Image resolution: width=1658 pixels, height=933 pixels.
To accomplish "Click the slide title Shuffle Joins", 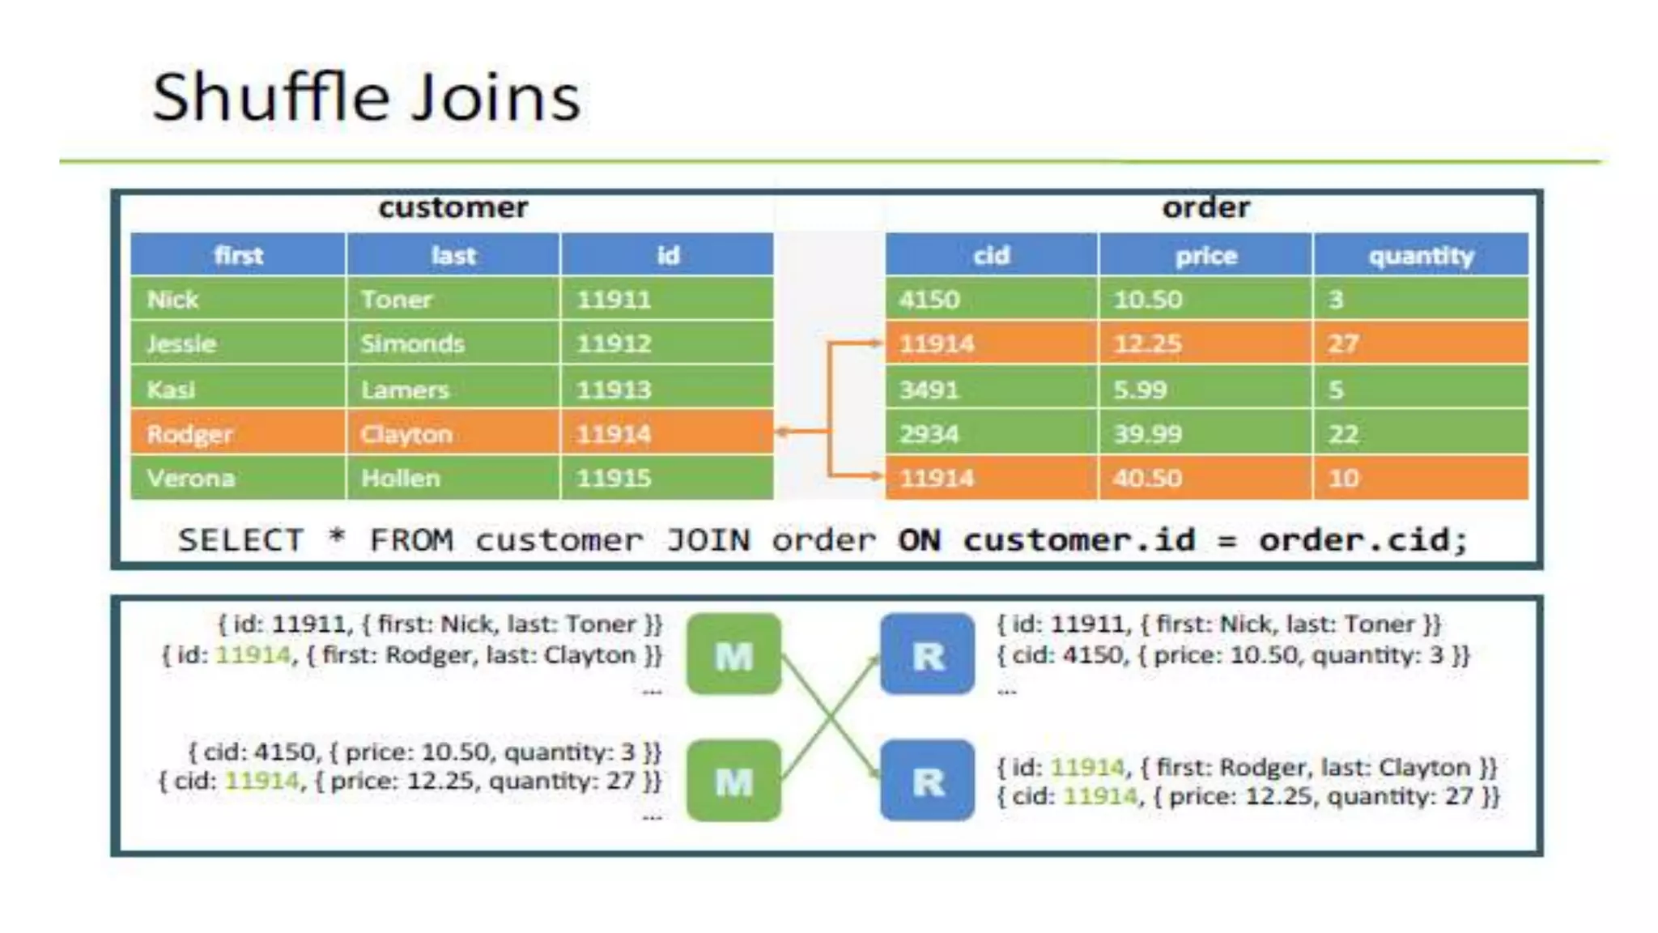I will (366, 97).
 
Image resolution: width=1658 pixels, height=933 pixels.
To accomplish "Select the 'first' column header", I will (238, 256).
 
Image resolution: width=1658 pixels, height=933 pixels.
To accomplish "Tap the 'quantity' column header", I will (1421, 256).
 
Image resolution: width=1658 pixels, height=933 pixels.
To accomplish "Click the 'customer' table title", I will (453, 208).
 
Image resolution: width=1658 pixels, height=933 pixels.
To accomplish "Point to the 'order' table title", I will (1205, 208).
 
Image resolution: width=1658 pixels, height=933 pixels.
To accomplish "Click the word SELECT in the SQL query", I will (241, 540).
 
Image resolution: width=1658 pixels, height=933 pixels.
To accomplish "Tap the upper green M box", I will (733, 654).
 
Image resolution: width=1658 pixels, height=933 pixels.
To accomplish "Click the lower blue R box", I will (928, 781).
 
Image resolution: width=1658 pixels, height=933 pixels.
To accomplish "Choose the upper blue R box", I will (928, 654).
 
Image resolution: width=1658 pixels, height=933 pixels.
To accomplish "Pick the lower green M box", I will (733, 781).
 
